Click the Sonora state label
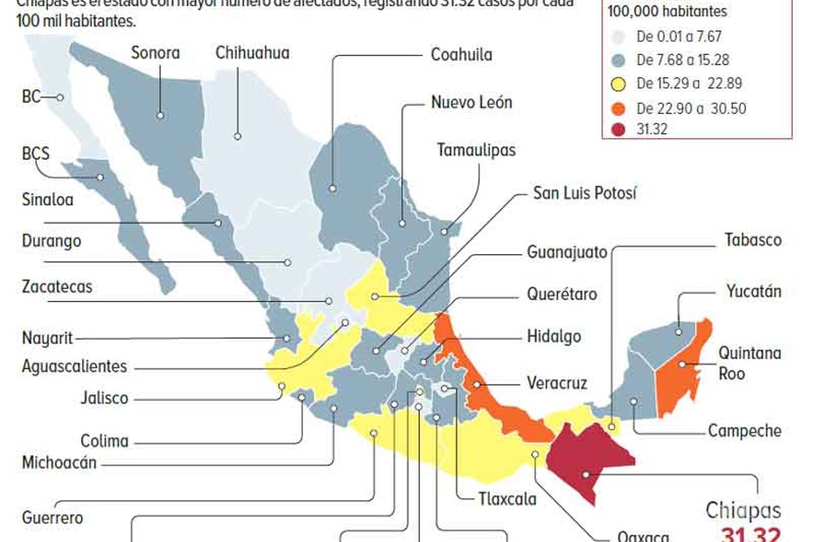pos(155,52)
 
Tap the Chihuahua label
pos(252,52)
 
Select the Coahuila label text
pos(461,54)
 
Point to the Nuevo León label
pos(472,102)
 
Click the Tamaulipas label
pos(476,149)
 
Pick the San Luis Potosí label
pos(585,193)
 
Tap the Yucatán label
pos(753,291)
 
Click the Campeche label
pos(745,430)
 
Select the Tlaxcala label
pos(507,499)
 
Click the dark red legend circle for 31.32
pos(618,129)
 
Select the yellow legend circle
pos(618,84)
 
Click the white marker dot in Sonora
pos(161,115)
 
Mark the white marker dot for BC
pos(60,98)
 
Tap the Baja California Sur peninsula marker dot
pos(100,178)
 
